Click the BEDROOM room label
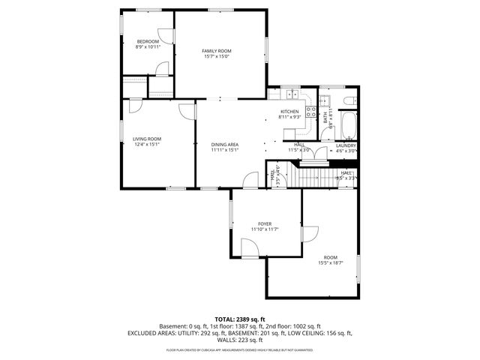click(x=148, y=41)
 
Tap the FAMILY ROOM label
click(x=216, y=50)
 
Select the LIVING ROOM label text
click(x=147, y=139)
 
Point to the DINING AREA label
click(x=224, y=144)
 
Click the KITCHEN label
click(x=289, y=112)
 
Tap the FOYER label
click(x=265, y=223)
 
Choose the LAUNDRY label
click(x=346, y=145)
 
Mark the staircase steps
click(x=316, y=178)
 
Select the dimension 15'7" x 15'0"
click(x=216, y=56)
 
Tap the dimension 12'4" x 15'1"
click(x=147, y=144)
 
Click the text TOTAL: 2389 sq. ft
click(x=239, y=319)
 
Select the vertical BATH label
click(x=325, y=118)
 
